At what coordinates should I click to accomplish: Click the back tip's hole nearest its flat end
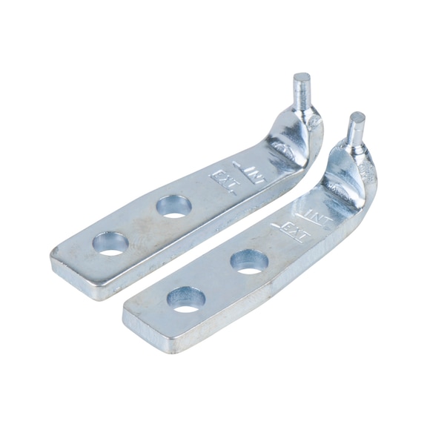click(112, 243)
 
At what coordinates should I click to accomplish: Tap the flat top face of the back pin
click(302, 76)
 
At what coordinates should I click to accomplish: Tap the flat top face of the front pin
click(357, 117)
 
